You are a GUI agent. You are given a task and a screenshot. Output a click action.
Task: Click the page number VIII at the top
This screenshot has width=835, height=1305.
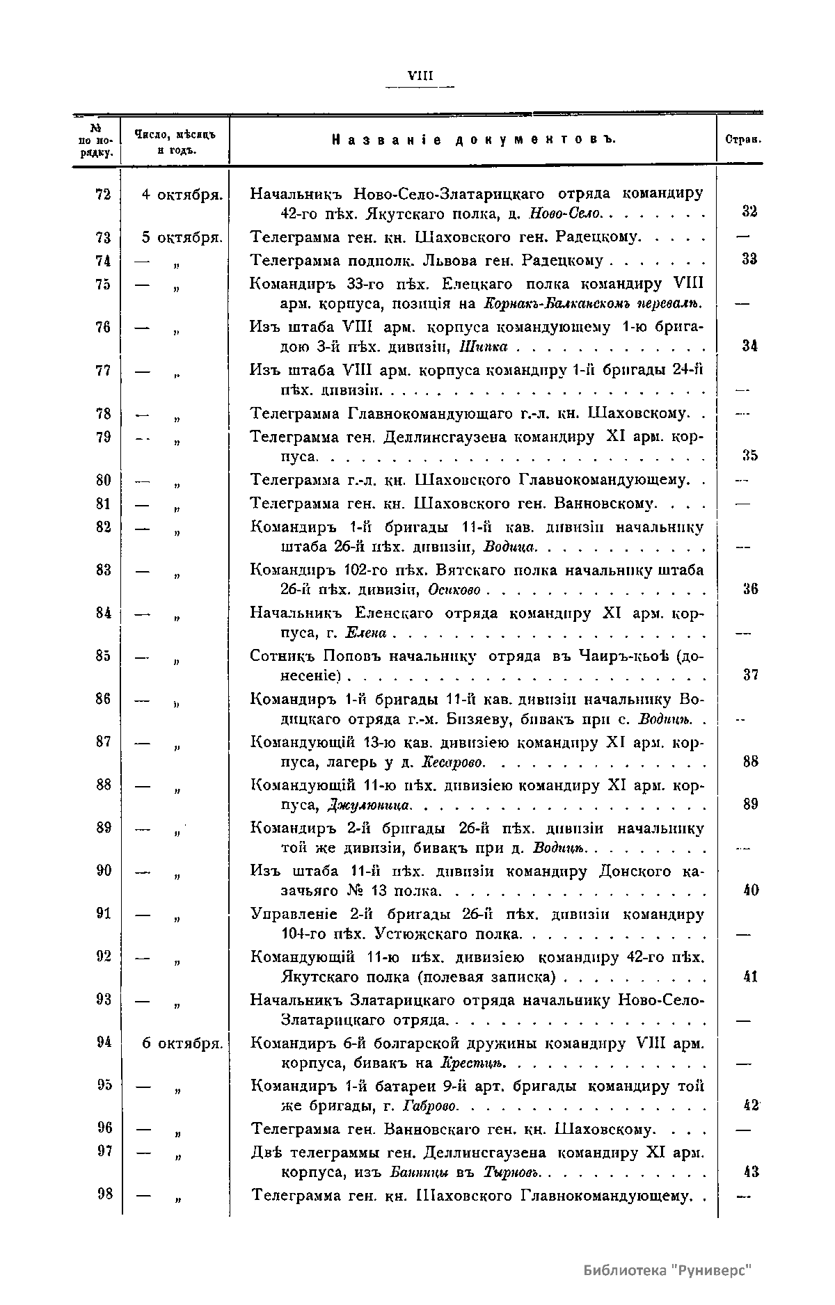[420, 76]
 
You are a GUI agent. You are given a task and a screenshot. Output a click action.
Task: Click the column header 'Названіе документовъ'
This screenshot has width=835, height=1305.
[473, 139]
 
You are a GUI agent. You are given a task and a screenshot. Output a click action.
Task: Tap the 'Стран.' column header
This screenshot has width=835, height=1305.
[743, 139]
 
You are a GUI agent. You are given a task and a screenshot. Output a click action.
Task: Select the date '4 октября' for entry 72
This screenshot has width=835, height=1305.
[182, 194]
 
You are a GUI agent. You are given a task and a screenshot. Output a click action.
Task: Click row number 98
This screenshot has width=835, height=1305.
[105, 1195]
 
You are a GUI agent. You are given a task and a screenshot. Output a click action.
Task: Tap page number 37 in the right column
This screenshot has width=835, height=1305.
[750, 675]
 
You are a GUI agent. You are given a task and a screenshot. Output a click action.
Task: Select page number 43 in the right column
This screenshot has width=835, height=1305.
[750, 1172]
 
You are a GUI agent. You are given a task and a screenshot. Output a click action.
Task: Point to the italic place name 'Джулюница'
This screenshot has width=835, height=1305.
[369, 806]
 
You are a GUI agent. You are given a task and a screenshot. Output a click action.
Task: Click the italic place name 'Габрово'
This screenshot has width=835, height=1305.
[429, 1107]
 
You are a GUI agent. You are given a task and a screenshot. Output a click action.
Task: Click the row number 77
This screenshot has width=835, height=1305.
[104, 370]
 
